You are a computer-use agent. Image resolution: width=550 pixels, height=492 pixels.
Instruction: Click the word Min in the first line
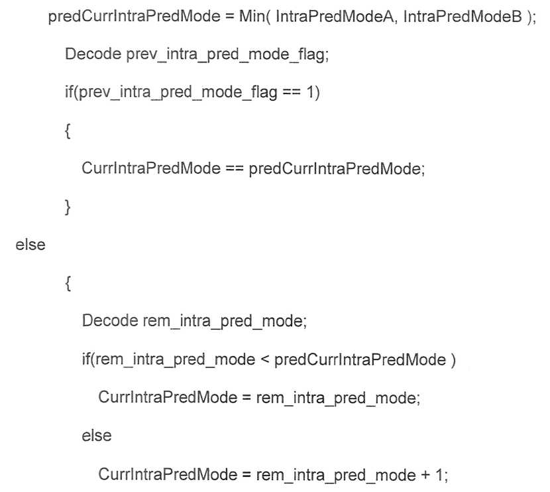pos(251,16)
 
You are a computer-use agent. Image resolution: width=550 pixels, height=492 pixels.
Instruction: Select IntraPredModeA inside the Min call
pos(336,16)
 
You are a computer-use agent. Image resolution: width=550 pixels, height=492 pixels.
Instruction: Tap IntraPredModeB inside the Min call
pos(463,16)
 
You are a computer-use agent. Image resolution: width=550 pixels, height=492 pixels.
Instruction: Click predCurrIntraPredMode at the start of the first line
pos(134,16)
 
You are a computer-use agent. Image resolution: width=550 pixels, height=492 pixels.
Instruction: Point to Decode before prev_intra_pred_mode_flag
pos(93,54)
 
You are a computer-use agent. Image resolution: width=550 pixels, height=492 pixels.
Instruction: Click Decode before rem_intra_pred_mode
pos(110,321)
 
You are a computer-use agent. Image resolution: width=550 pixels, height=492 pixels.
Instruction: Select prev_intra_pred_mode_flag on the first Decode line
pos(226,55)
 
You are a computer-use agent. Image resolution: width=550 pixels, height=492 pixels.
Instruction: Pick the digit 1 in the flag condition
pos(310,92)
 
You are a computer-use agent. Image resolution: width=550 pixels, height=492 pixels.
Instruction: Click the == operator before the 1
pos(292,92)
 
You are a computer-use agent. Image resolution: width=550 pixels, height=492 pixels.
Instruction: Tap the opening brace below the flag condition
pos(68,131)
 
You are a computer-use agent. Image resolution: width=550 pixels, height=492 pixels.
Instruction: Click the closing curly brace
pos(68,207)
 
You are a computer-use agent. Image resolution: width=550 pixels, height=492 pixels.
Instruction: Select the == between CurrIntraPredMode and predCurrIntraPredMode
pos(235,168)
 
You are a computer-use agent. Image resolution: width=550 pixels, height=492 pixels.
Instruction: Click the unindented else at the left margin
pos(30,245)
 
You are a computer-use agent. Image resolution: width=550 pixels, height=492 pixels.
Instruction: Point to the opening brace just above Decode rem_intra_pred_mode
pos(68,283)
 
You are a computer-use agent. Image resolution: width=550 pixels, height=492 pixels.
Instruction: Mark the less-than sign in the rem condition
pos(264,359)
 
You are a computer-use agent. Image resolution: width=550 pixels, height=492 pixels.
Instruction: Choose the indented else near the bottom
pos(97,436)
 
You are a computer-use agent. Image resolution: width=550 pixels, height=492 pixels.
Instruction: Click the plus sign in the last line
pos(425,475)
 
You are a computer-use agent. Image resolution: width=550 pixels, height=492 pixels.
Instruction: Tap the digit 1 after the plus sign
pos(439,475)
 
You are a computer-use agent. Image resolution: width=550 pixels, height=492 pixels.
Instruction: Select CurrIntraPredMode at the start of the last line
pos(168,475)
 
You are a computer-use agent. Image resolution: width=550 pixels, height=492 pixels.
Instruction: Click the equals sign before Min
pos(230,17)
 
